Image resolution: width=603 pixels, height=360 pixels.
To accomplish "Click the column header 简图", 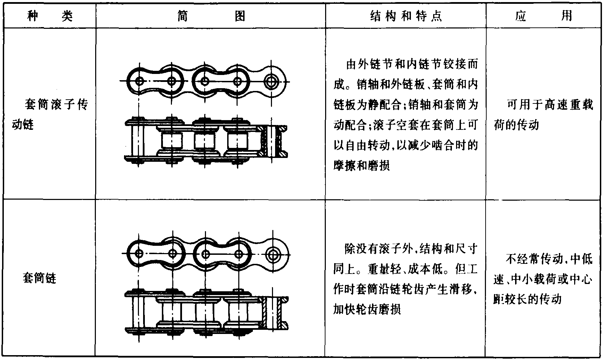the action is click(x=211, y=16).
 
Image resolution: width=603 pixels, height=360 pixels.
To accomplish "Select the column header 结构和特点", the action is click(x=406, y=16).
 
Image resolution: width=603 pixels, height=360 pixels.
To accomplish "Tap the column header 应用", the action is click(x=544, y=16).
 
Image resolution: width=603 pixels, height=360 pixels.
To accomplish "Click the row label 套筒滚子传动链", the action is click(x=50, y=114).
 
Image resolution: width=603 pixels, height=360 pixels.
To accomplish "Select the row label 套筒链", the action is click(x=39, y=278).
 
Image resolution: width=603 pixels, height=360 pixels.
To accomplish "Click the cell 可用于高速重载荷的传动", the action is click(x=544, y=114).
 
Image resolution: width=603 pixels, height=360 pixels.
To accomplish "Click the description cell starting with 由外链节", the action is click(x=406, y=115).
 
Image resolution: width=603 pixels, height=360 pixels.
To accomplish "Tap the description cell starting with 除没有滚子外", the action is click(x=405, y=279).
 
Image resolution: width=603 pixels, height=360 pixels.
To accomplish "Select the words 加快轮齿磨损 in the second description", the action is click(x=367, y=309).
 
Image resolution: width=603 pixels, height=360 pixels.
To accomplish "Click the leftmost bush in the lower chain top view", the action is click(x=172, y=312).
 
